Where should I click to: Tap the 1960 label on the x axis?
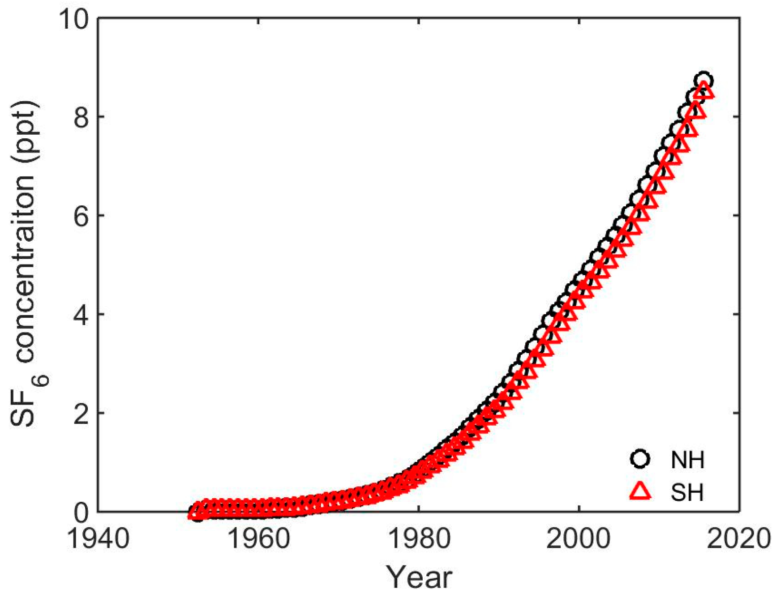[x=258, y=538]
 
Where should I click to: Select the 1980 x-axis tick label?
[x=419, y=538]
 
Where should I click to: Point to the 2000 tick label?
[x=579, y=538]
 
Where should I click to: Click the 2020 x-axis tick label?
[x=738, y=538]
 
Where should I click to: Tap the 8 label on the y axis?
[x=81, y=118]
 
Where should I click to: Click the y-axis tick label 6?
[x=81, y=216]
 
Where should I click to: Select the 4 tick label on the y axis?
[x=81, y=315]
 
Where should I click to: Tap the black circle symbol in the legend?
[x=640, y=459]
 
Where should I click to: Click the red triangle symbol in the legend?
[x=640, y=491]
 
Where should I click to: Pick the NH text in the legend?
[x=687, y=460]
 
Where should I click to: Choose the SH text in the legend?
[x=687, y=492]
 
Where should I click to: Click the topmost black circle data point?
[x=703, y=81]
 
